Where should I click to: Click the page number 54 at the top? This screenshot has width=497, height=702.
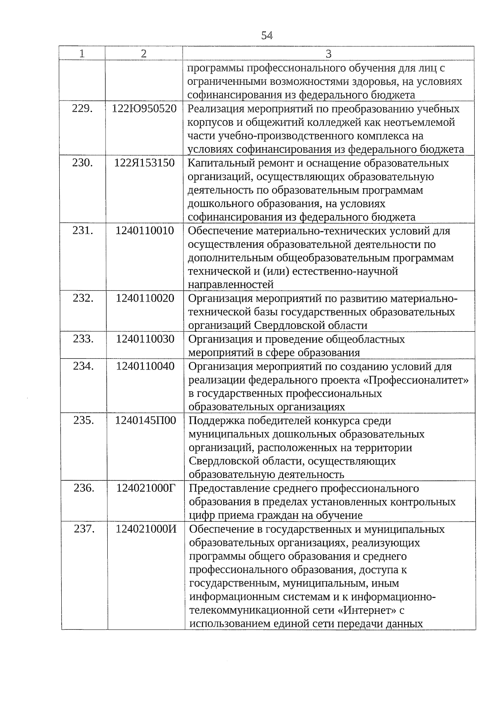pos(267,36)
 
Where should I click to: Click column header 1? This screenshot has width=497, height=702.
pos(82,53)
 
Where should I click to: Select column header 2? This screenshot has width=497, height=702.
pos(143,53)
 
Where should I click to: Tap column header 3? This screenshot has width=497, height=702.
pos(328,54)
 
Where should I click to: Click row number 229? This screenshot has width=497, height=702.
pos(82,109)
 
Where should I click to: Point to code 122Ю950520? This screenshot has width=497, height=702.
pos(144,109)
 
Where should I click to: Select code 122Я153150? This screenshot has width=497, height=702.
pos(145,163)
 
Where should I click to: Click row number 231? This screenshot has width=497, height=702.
pos(82,231)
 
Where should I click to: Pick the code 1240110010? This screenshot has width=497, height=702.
pos(145,231)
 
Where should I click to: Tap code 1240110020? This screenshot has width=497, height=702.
pos(145,298)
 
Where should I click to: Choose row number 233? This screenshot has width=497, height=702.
pos(83,339)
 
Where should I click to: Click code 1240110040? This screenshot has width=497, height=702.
pos(145,367)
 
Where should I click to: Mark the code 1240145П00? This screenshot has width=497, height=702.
pos(145,421)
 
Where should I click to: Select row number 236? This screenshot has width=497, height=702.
pos(84,489)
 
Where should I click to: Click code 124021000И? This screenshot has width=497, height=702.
pos(146,529)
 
